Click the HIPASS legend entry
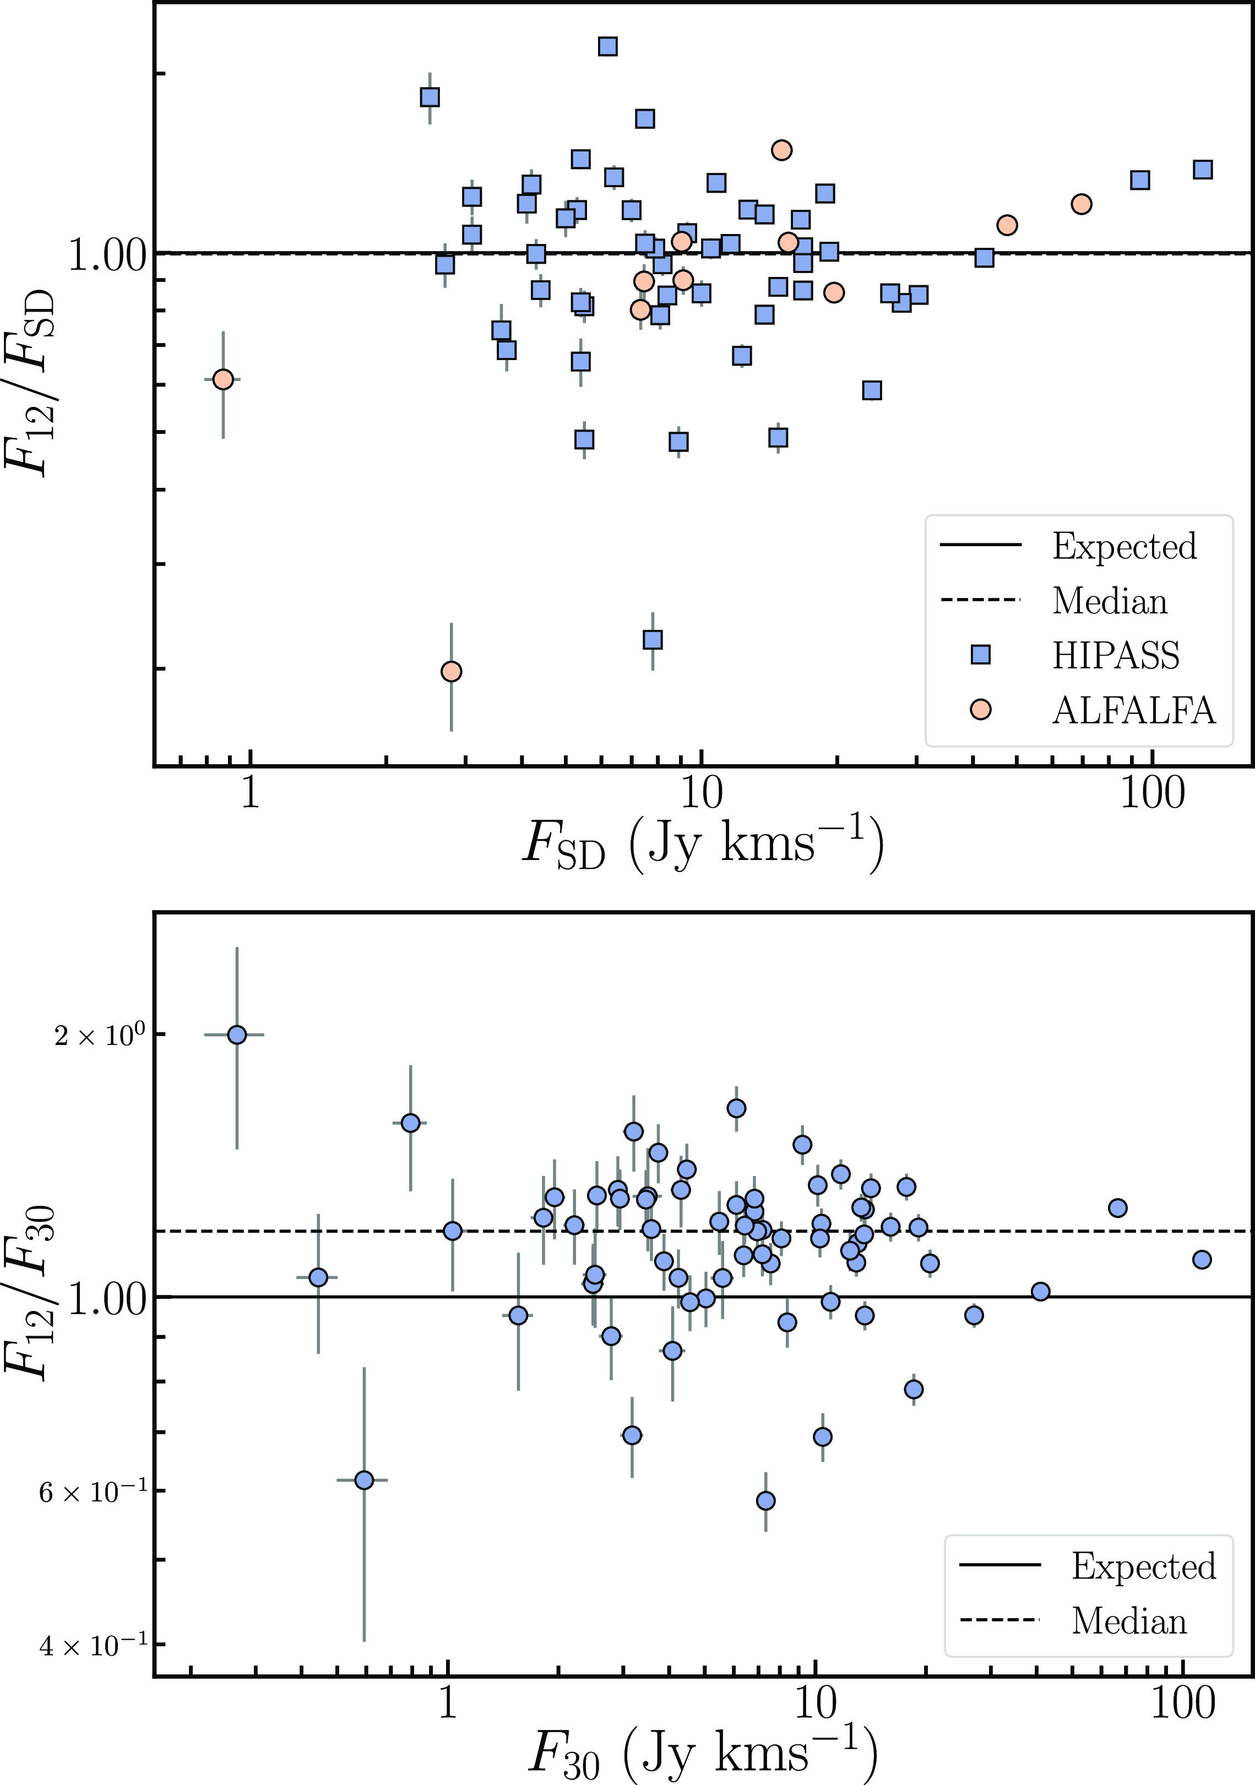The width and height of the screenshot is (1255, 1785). (1115, 655)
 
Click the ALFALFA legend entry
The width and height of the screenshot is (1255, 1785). (1133, 710)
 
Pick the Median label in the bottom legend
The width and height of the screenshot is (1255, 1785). (1129, 1621)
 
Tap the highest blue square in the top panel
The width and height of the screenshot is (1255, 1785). (608, 47)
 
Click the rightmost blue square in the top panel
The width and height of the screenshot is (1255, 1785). (1203, 170)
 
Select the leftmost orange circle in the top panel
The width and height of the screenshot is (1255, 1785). (223, 379)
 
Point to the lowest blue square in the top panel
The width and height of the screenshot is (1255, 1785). (653, 640)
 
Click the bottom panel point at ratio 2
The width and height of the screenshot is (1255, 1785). (237, 1035)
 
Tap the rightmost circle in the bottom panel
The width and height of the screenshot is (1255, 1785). (1202, 1259)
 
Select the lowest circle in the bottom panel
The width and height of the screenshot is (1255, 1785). (766, 1500)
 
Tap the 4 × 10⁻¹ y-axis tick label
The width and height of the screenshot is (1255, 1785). (93, 1646)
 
